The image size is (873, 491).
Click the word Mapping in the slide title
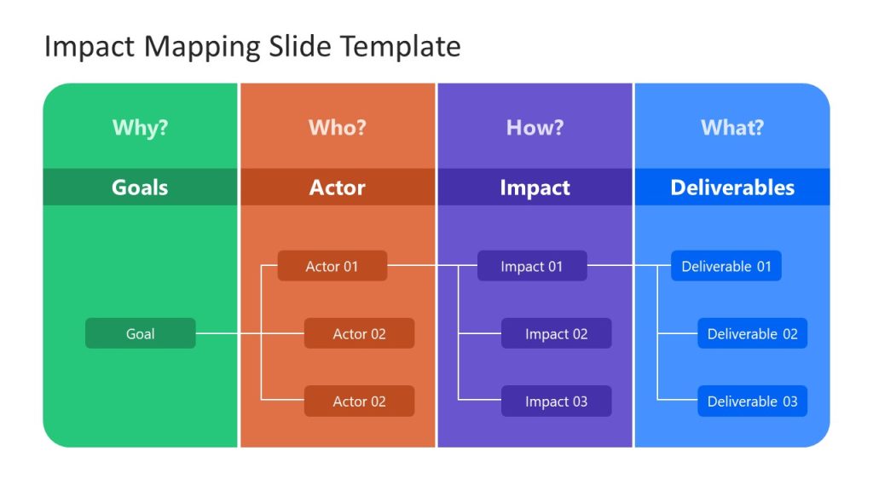point(196,46)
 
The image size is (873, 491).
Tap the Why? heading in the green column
point(140,128)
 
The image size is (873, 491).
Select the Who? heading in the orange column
point(337,128)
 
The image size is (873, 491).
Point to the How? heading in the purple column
point(535,128)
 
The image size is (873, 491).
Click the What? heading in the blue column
point(731,128)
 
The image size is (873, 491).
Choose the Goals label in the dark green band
point(140,188)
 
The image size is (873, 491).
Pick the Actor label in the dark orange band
point(337,188)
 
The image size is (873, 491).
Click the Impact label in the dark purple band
point(535,188)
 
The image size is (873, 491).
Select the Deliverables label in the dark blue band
point(731,188)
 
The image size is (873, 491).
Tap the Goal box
point(140,333)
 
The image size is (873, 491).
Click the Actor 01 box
point(332,266)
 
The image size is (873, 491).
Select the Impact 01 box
point(531,266)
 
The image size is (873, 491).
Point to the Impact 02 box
point(556,333)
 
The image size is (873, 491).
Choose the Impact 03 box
point(556,401)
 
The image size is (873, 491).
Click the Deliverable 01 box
point(726,266)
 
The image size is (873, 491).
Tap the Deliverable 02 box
point(752,333)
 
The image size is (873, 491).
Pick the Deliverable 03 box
point(752,401)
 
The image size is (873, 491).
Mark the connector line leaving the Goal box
point(226,333)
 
